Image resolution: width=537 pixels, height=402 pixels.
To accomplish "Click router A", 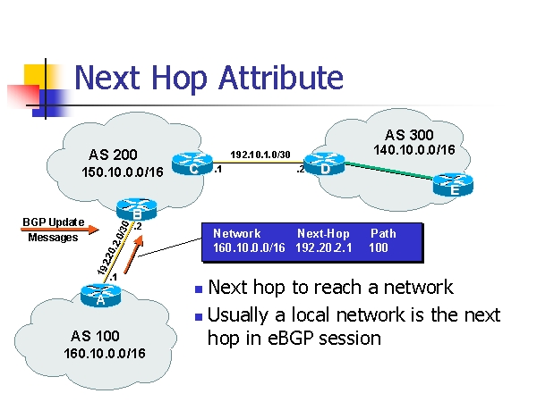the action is tap(100, 296).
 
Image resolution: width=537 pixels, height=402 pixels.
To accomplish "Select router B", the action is tap(137, 209).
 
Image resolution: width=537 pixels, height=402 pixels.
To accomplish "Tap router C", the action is tap(192, 163).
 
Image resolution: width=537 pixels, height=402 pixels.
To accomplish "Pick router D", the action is tap(324, 164).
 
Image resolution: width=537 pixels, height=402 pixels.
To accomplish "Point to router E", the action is tap(453, 185).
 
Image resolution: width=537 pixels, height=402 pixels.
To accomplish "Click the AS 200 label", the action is tap(113, 155).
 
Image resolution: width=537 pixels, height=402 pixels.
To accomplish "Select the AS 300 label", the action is tap(409, 135).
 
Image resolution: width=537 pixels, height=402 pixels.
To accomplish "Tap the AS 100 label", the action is tap(95, 336).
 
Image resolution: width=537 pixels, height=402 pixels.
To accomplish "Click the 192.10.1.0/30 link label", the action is tap(260, 155).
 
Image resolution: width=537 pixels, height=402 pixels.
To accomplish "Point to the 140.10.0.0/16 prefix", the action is tap(414, 150).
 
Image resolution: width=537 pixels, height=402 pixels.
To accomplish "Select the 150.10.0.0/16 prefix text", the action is tap(123, 172).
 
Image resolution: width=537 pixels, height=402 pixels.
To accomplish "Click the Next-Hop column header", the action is tap(323, 233).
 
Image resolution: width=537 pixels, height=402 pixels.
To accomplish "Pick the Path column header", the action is tap(383, 233).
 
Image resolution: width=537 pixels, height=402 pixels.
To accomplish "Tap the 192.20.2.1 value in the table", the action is tap(324, 247).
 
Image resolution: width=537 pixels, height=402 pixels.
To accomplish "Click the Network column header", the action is tap(236, 233).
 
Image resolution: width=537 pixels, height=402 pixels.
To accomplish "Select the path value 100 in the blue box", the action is tap(379, 247).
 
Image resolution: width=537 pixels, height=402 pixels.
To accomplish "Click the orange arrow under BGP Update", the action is tap(60, 230).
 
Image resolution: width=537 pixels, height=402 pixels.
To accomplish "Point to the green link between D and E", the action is tap(389, 171).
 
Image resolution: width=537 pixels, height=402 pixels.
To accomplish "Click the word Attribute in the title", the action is tap(281, 78).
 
